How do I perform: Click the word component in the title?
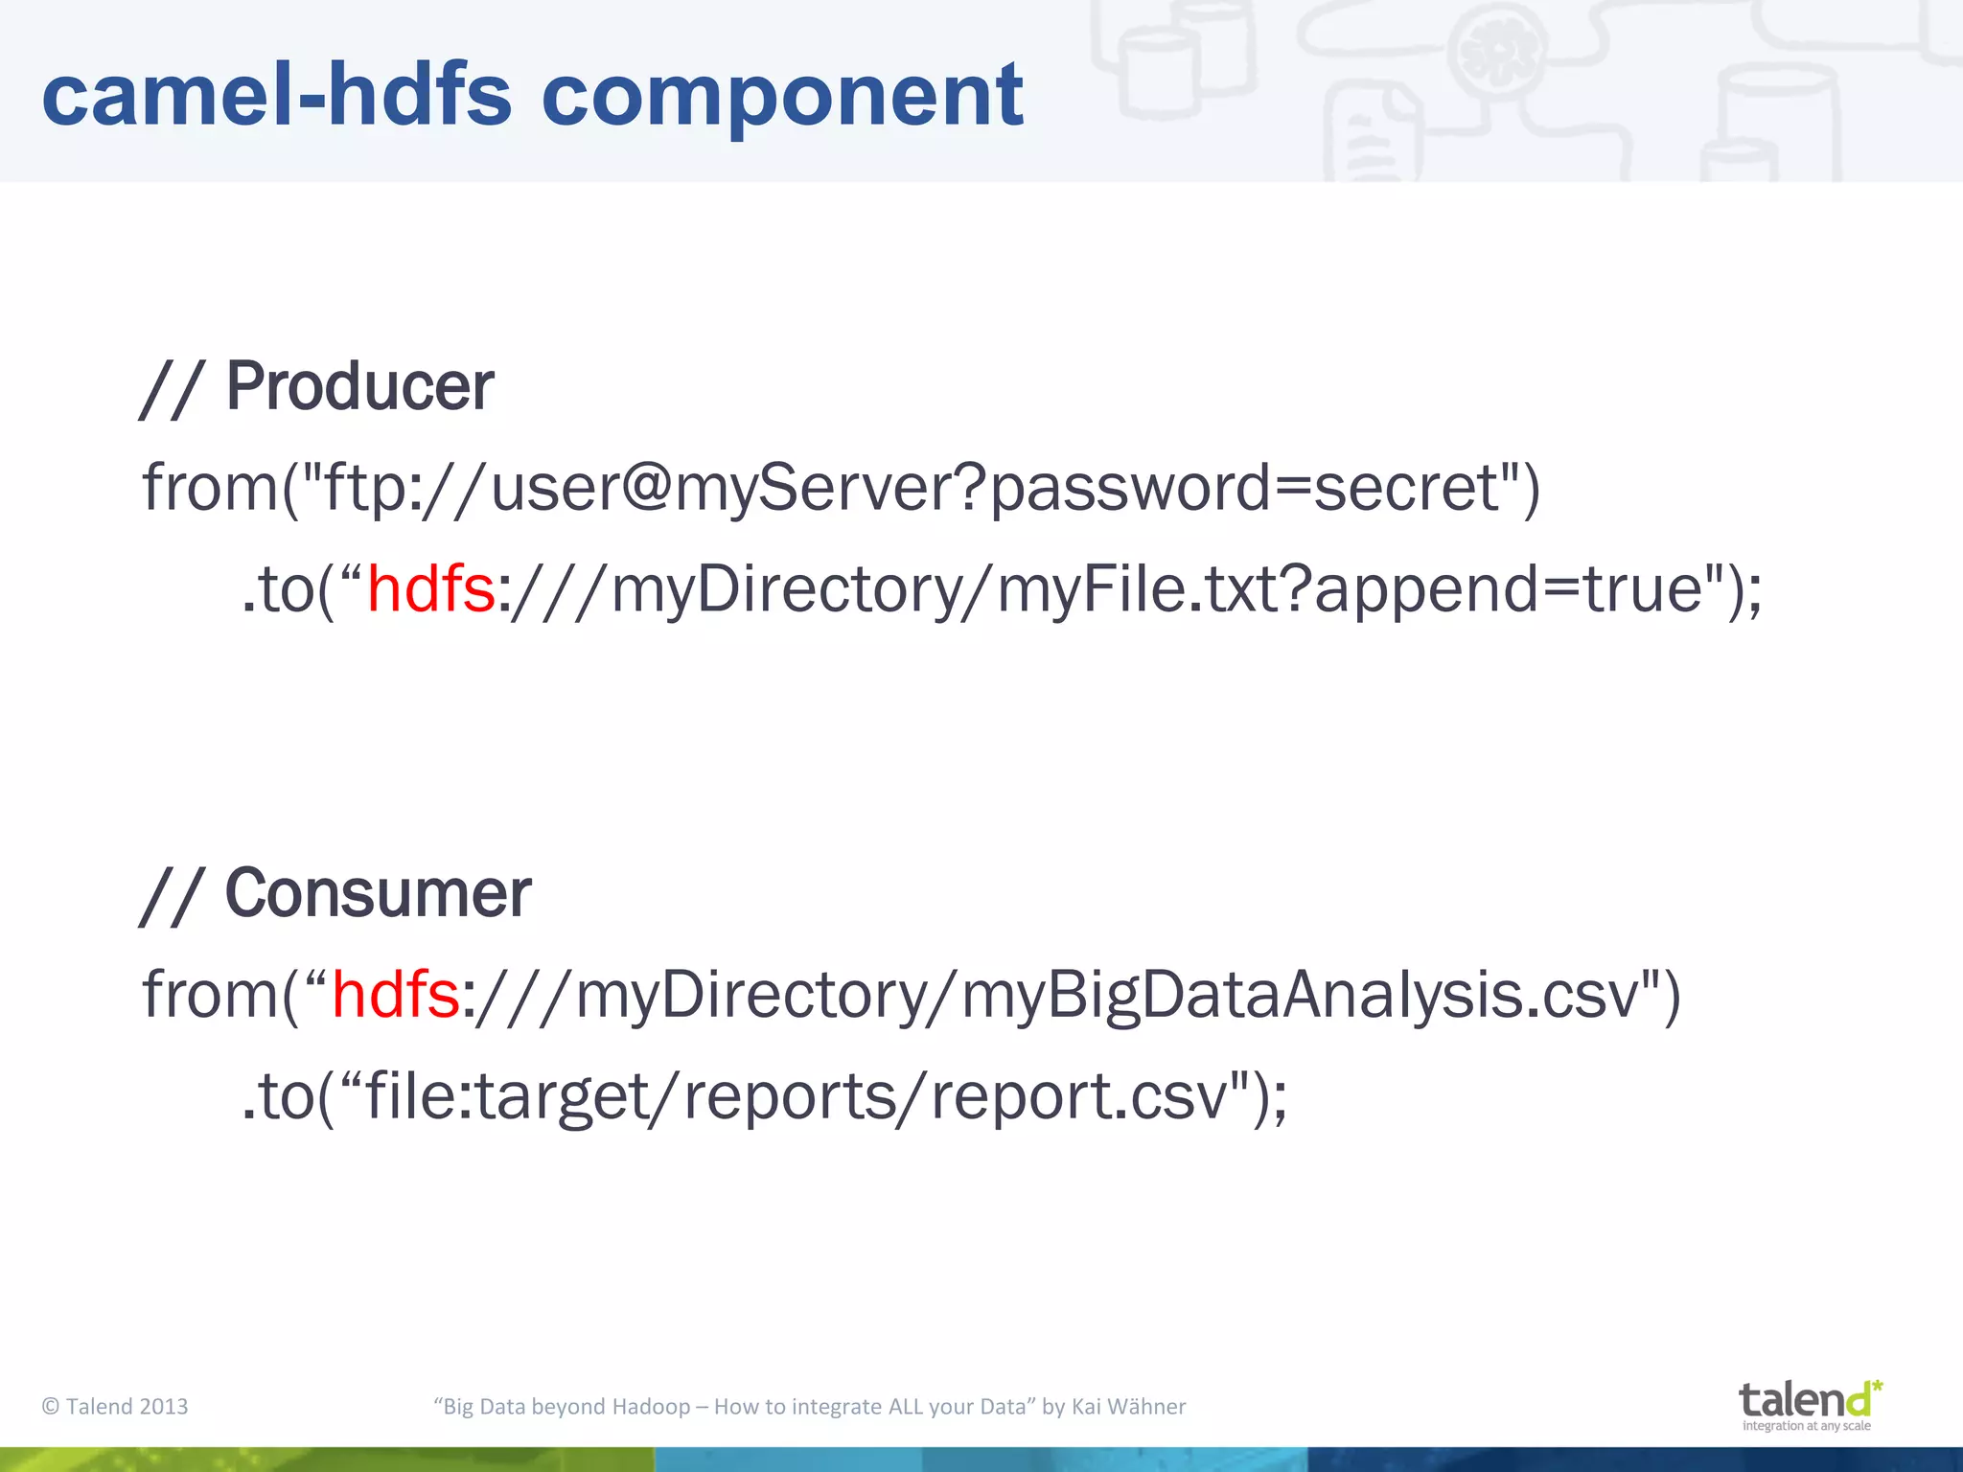coord(782,95)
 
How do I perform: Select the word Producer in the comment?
coord(359,386)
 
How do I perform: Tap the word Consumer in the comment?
coord(378,893)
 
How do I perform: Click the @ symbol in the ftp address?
coord(647,487)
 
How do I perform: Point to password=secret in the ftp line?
coord(1242,489)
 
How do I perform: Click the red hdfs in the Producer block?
coord(430,588)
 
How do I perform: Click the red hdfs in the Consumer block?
coord(395,995)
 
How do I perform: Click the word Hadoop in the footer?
coord(651,1406)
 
